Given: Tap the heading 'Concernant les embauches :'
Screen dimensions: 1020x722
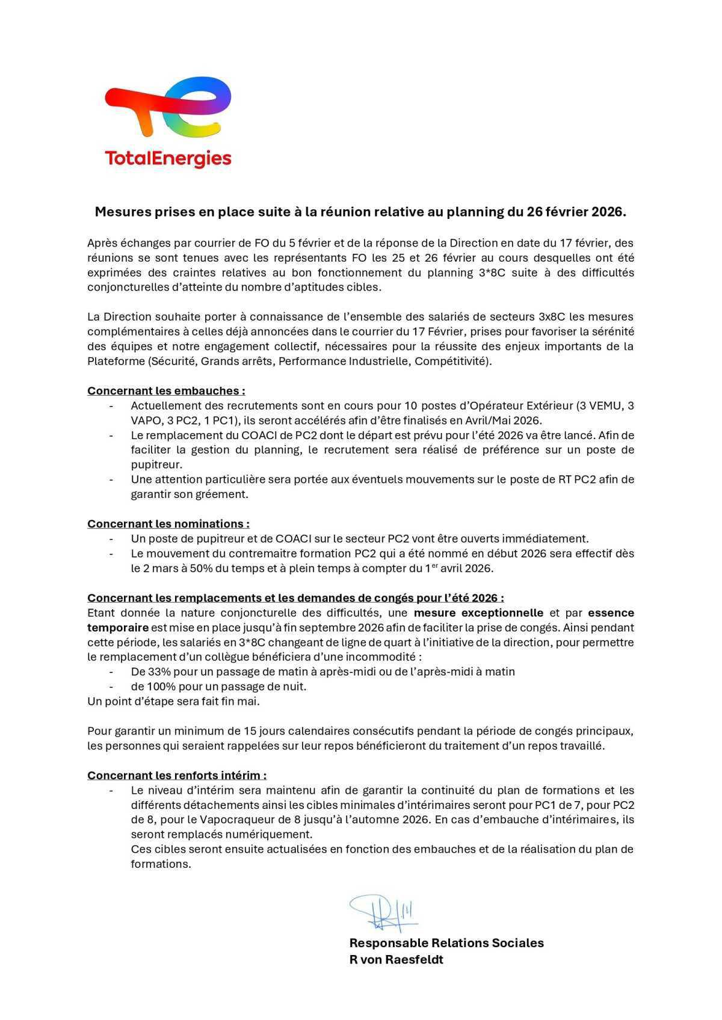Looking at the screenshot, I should [166, 391].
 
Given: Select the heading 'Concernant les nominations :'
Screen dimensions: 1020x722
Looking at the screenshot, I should [168, 524].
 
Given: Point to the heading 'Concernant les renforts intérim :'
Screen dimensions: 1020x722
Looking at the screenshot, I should [177, 775].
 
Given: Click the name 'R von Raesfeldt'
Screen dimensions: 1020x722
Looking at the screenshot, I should [396, 960].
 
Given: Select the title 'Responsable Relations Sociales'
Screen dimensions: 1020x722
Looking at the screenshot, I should [446, 943].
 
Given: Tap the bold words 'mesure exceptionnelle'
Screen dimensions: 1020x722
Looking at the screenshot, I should [478, 613].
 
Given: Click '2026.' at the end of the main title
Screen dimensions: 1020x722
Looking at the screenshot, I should [609, 212].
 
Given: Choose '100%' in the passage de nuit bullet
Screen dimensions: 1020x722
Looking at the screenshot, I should [162, 686].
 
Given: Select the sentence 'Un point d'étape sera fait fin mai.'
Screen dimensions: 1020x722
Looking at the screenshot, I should [173, 701].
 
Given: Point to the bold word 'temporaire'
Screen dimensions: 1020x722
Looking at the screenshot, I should [117, 627].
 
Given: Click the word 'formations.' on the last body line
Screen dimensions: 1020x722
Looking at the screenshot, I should [161, 864].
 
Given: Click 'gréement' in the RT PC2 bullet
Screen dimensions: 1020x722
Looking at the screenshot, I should [227, 494].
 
